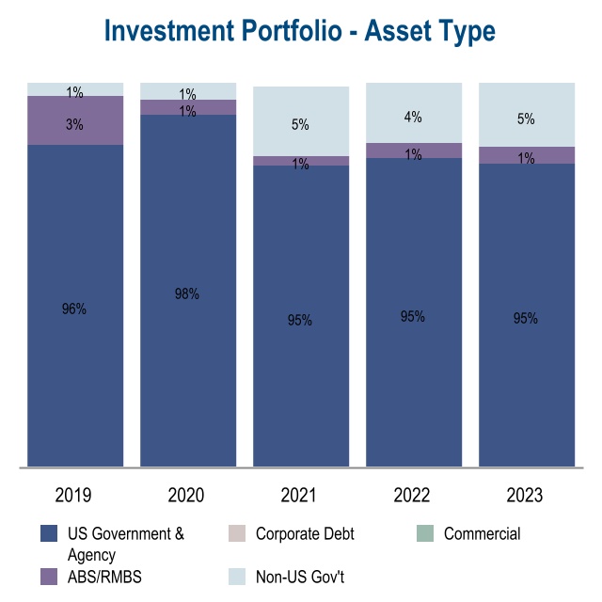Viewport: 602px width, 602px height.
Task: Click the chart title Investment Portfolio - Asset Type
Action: tap(300, 30)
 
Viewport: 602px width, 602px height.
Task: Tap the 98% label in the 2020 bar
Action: tap(186, 294)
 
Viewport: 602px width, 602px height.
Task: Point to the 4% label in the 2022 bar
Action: tap(413, 118)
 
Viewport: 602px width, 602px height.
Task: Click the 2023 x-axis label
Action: tap(525, 495)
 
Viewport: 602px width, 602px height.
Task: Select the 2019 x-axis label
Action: tap(74, 495)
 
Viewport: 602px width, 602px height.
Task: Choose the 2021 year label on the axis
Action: tap(300, 495)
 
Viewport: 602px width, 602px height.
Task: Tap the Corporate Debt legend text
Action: tap(305, 534)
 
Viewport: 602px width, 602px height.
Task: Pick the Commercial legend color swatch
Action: tap(426, 534)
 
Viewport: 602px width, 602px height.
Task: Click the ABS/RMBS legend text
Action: tap(104, 577)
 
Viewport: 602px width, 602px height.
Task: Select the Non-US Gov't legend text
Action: tap(300, 577)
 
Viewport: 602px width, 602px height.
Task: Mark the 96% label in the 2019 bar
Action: tap(74, 309)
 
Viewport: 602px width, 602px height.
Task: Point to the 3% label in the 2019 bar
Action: tap(74, 124)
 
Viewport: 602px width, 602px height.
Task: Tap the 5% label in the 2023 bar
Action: tap(525, 119)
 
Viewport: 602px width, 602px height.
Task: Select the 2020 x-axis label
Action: tap(186, 495)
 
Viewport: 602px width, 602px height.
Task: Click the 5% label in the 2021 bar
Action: tap(300, 124)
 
